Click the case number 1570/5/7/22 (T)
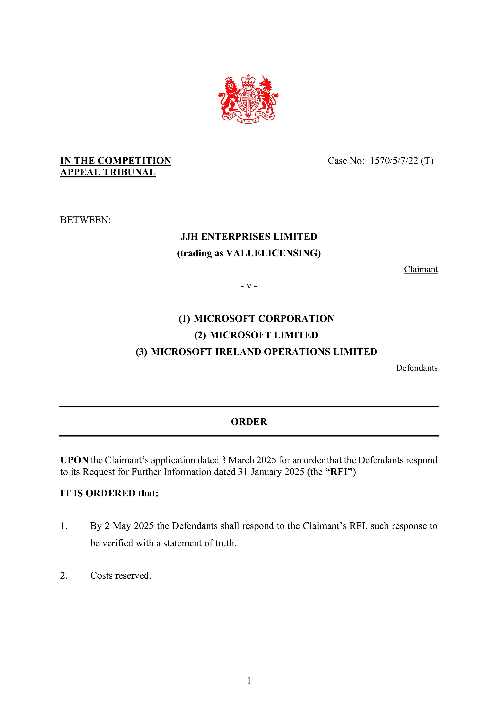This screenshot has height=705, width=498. coord(401,161)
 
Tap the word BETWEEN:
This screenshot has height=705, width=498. coord(85,220)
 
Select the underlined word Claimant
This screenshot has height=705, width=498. coord(420,269)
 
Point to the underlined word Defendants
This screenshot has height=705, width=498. coord(417,368)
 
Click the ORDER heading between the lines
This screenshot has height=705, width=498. coord(249,422)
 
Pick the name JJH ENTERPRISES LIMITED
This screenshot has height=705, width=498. coord(249,237)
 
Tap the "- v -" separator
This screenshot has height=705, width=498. coord(249,286)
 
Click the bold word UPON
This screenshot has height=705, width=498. coord(74,460)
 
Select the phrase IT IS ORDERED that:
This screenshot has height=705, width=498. coord(109,493)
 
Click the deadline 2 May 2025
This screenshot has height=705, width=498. coord(129,526)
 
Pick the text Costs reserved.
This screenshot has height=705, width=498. coord(121,575)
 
